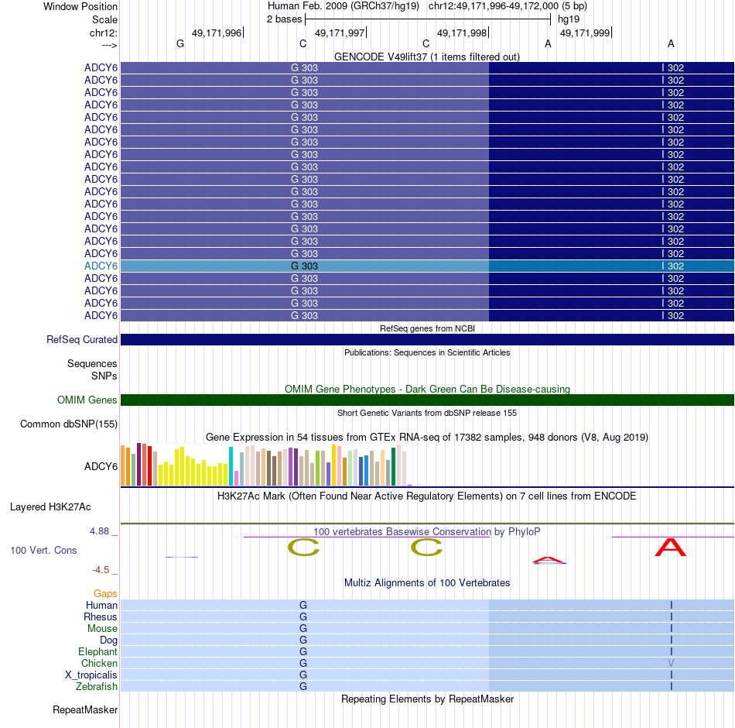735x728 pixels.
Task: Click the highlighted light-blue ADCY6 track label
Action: [x=101, y=266]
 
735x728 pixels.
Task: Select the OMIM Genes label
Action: [x=87, y=400]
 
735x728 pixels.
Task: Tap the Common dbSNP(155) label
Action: [x=69, y=424]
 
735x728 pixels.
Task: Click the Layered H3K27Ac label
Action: [x=50, y=507]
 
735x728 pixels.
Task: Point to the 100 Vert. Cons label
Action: [x=43, y=550]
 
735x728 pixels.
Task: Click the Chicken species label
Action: [x=99, y=663]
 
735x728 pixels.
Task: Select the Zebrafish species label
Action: [x=97, y=686]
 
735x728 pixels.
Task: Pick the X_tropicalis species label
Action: [x=91, y=675]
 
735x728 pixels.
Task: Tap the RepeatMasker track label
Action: [x=85, y=709]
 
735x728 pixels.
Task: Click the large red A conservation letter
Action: [x=670, y=548]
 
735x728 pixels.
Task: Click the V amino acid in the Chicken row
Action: [x=671, y=664]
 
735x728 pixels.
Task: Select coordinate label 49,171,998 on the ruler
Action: [x=462, y=33]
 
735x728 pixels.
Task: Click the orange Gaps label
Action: [x=105, y=593]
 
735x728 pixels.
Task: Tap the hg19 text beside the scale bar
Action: [x=569, y=19]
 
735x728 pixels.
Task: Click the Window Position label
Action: [x=80, y=6]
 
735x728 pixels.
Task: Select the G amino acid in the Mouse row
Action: [x=303, y=629]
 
